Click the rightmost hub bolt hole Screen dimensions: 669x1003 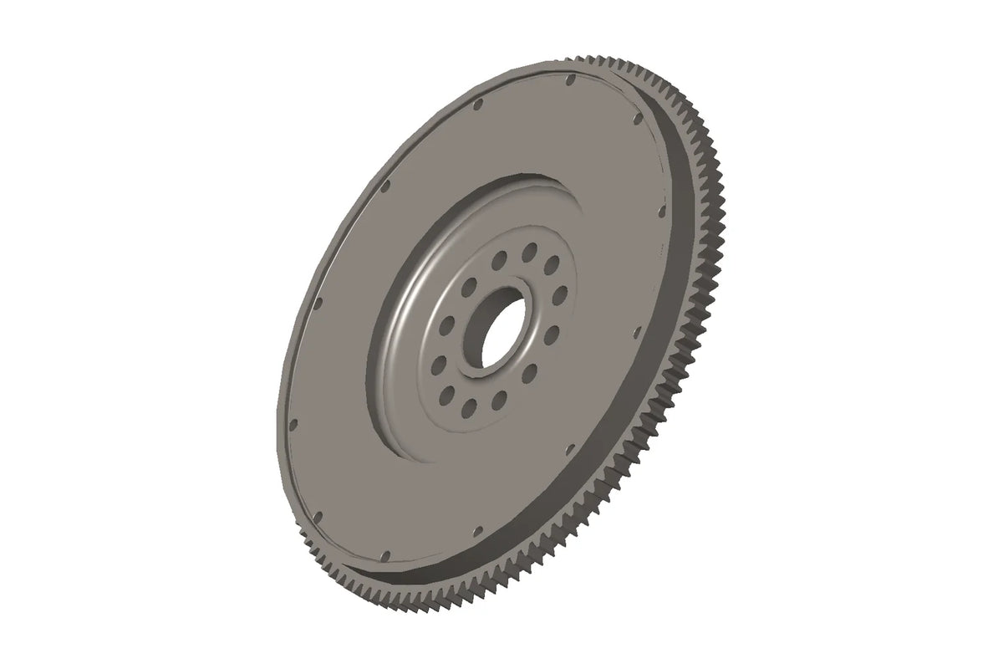[x=561, y=293]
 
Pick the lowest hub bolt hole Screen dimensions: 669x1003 [x=469, y=406]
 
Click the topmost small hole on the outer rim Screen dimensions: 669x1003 [x=569, y=80]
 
